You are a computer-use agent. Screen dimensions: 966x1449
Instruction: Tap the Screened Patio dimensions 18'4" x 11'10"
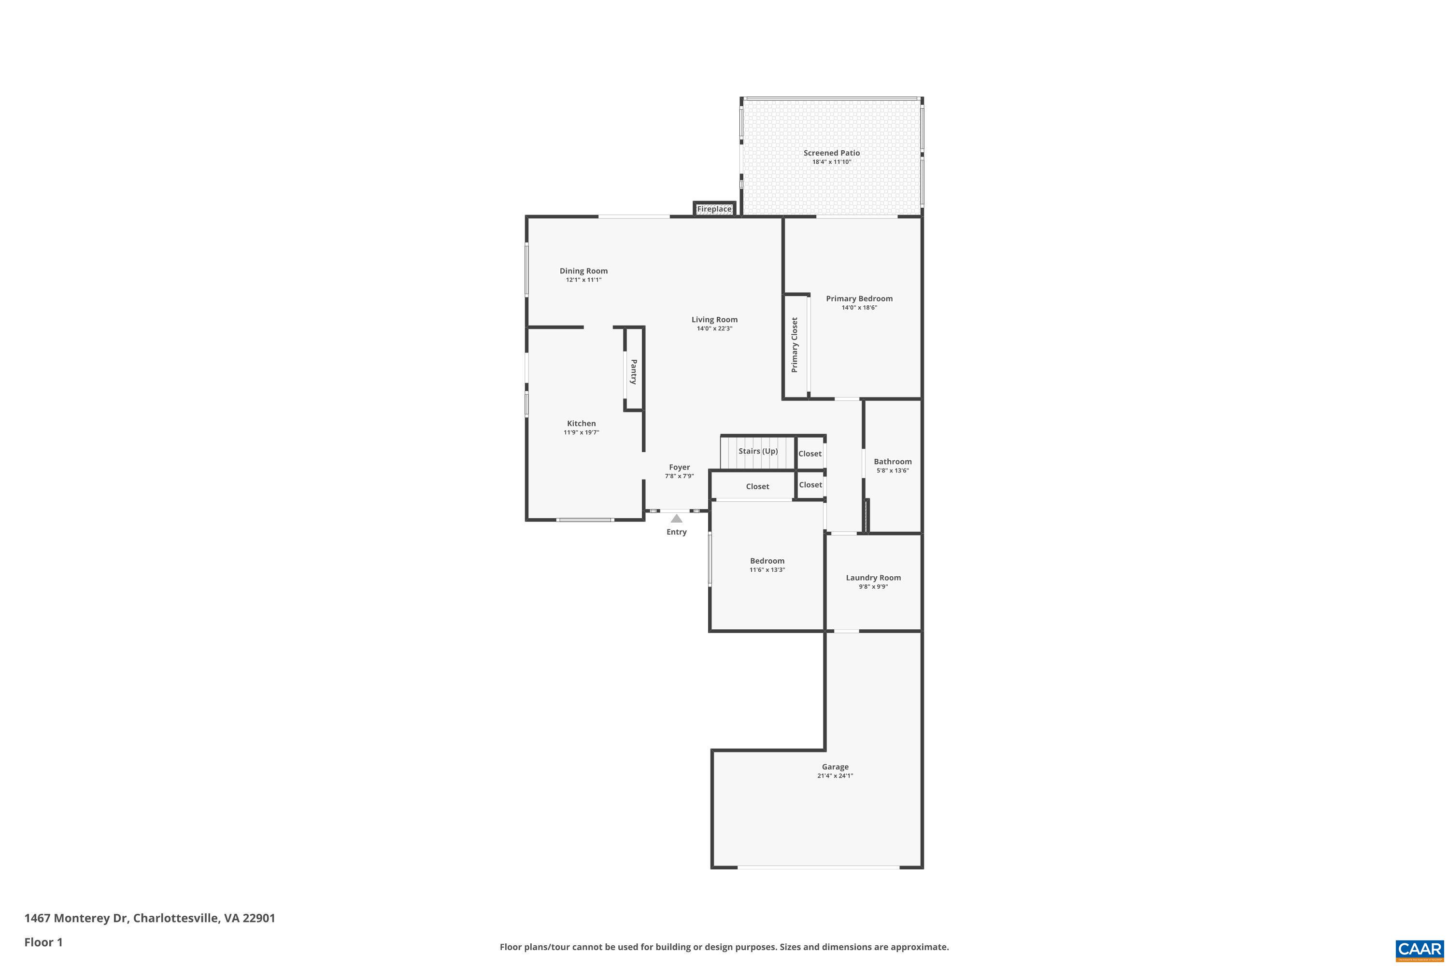831,162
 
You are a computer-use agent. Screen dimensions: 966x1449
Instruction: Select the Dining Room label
583,271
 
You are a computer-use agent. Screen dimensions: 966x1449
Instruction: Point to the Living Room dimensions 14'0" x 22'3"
714,329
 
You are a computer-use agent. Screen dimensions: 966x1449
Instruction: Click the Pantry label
634,372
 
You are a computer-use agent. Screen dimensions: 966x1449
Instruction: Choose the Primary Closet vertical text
795,345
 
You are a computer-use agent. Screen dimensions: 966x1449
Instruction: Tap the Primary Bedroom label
859,299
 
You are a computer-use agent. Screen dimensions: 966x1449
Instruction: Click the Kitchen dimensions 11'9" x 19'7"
581,432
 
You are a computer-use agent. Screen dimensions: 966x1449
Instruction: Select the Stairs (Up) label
758,451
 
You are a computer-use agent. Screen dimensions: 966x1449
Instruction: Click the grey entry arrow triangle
677,519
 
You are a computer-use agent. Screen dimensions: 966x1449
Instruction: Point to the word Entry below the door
677,532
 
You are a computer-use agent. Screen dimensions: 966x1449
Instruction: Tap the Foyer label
680,468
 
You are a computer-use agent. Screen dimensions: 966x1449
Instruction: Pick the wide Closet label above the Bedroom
757,487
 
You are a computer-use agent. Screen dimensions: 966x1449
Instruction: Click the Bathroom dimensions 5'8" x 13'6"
893,470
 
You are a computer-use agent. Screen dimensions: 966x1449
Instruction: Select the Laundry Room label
873,578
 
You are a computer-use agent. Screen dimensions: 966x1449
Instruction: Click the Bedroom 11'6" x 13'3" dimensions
767,570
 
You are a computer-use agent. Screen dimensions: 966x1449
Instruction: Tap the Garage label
835,767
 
